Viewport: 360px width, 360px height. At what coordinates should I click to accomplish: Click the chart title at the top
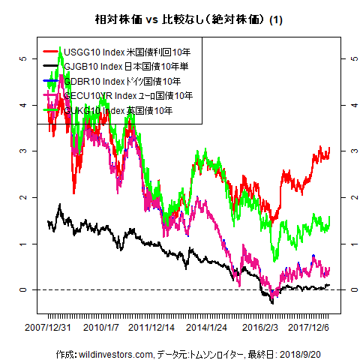point(179,17)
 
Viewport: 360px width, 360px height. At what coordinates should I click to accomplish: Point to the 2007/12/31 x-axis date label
point(47,328)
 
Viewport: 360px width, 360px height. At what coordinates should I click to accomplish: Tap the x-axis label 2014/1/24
point(207,328)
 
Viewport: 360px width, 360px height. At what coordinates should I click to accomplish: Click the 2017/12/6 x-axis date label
point(309,328)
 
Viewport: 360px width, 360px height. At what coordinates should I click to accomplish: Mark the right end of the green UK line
point(329,218)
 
